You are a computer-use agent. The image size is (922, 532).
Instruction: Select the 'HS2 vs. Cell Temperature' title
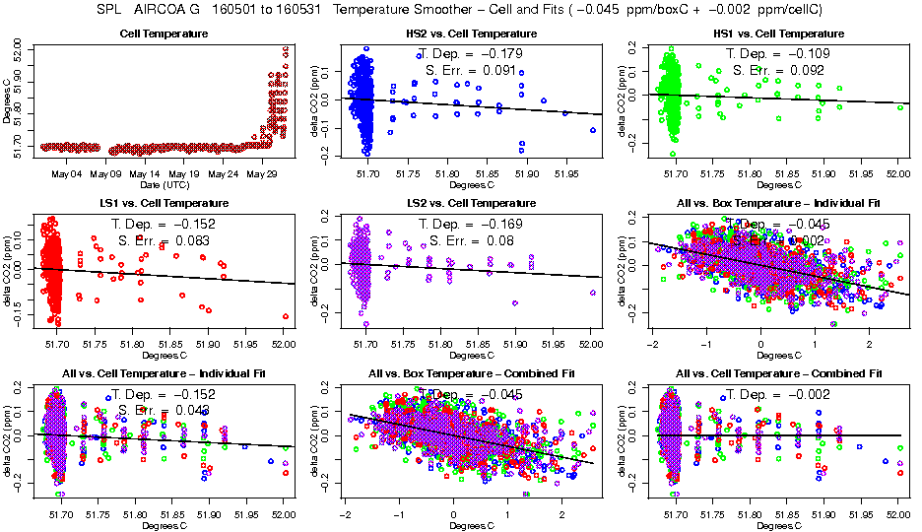[471, 34]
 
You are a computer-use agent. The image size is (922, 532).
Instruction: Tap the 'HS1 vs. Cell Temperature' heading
[777, 34]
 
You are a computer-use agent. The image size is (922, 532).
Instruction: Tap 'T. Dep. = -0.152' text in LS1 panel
[163, 224]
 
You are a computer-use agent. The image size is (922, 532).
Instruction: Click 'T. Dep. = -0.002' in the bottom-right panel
[777, 393]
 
